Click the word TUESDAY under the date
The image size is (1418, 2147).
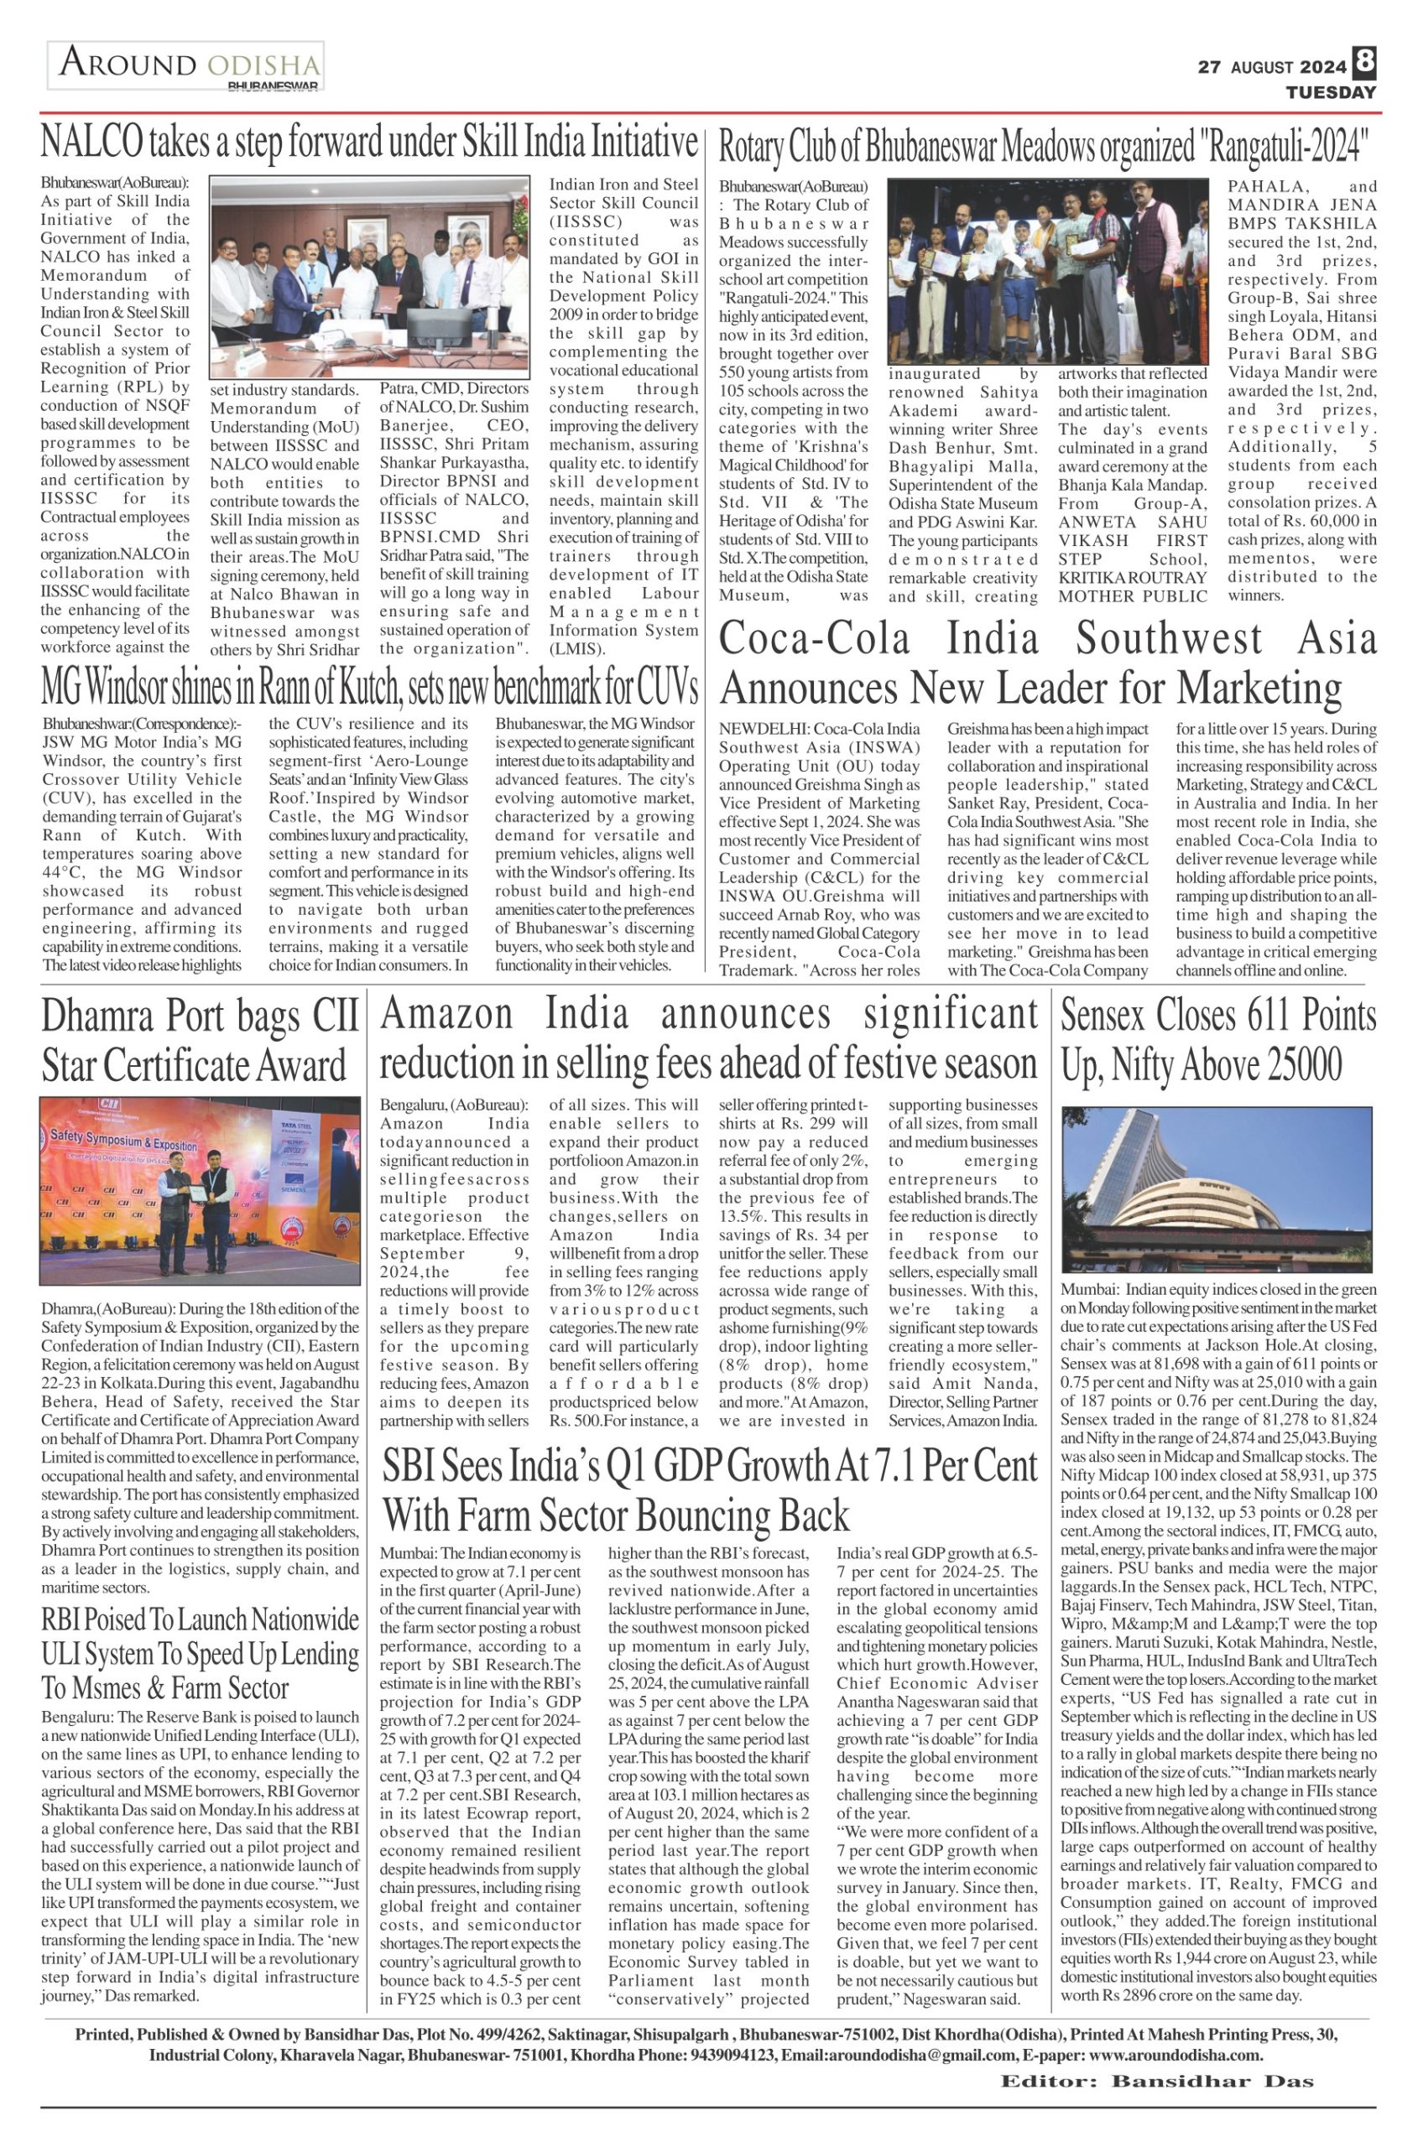1332,92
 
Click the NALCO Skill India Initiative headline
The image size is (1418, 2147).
370,143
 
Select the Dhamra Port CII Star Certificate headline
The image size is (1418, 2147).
200,1042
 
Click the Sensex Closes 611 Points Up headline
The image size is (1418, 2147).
1218,1042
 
